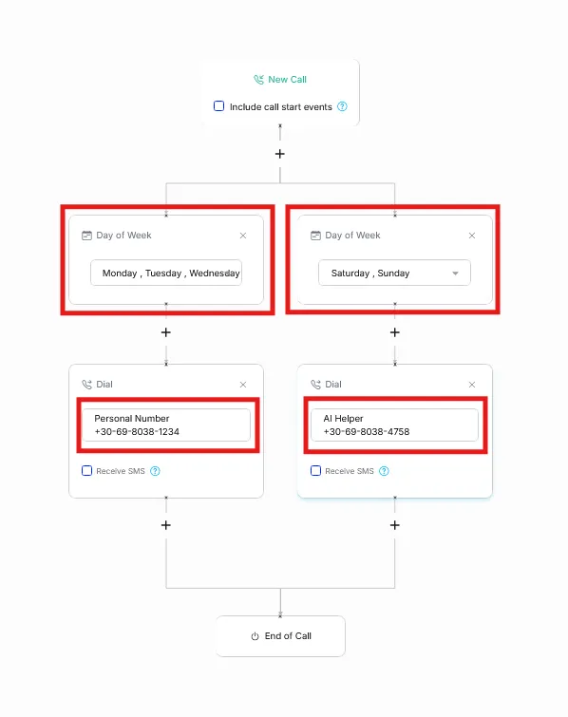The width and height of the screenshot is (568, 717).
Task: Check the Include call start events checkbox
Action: tap(219, 106)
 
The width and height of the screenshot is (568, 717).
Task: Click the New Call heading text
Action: tap(287, 80)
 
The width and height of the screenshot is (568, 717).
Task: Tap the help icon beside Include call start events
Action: tap(342, 106)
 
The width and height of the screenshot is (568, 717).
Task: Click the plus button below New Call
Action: tap(280, 154)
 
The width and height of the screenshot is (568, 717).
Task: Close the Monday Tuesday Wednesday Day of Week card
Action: tap(243, 236)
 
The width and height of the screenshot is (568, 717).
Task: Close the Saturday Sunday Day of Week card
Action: tap(472, 236)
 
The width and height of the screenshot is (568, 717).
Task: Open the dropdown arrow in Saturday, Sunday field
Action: tap(455, 274)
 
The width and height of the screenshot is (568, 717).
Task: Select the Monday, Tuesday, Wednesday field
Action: tap(166, 273)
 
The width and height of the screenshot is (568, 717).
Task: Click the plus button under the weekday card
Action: tap(166, 332)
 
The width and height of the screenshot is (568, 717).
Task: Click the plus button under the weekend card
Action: tap(395, 332)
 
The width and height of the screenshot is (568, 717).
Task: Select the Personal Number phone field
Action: tap(166, 425)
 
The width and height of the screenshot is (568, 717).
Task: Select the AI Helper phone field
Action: tap(394, 425)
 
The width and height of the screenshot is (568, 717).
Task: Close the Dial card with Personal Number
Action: tap(243, 385)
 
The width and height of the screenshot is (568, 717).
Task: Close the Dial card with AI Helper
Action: tap(472, 385)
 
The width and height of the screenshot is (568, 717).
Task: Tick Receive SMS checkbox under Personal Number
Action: tap(86, 470)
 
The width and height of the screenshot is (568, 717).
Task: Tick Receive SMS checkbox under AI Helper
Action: tap(315, 470)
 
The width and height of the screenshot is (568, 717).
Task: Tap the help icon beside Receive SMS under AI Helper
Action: tap(384, 471)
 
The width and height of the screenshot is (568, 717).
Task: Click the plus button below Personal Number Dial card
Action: tap(166, 525)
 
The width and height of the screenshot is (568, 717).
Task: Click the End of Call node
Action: tap(280, 636)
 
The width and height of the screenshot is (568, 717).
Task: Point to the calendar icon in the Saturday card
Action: tap(315, 236)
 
